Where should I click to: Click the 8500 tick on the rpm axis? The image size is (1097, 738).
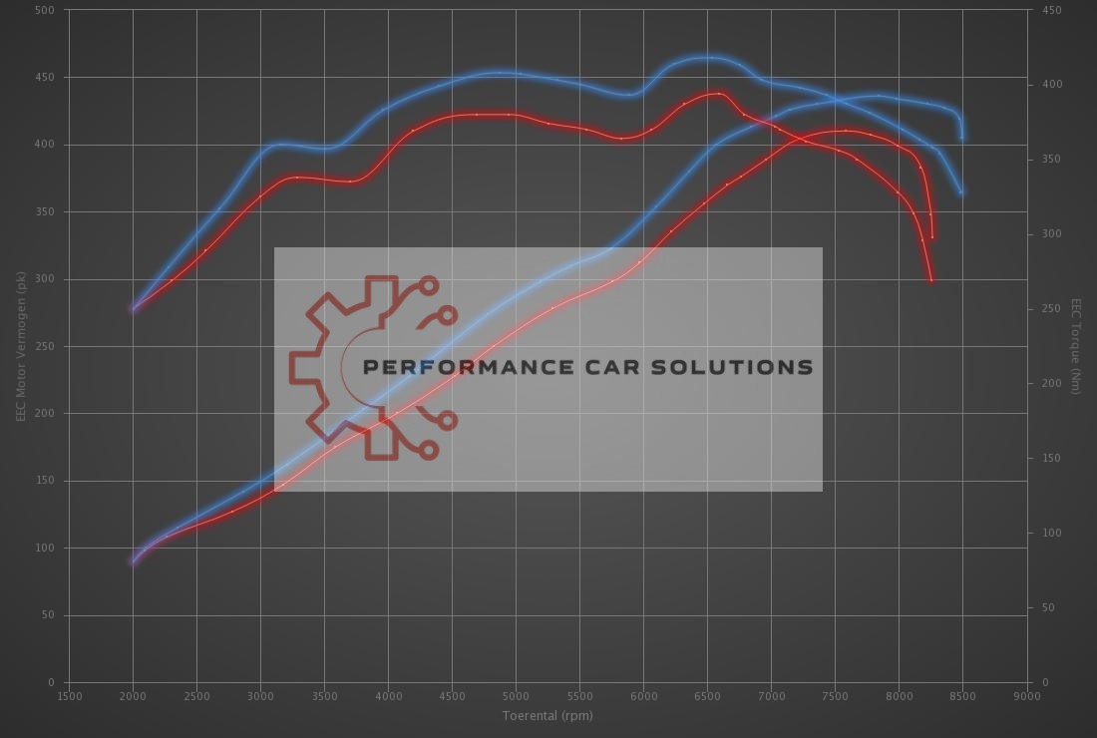point(962,696)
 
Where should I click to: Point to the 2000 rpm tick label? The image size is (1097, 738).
point(133,696)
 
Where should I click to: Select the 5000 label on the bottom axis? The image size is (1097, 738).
point(516,696)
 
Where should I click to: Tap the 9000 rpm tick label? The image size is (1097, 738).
point(1026,696)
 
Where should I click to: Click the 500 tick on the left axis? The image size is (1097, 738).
point(46,10)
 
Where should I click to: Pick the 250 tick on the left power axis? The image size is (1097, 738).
point(46,346)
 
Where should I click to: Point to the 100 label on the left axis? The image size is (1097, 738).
point(46,548)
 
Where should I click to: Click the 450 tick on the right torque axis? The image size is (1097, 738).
point(1051,10)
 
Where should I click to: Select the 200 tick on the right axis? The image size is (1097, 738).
point(1051,383)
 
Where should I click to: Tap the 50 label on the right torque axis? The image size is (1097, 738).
point(1048,607)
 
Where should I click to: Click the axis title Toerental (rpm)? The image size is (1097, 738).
point(548,715)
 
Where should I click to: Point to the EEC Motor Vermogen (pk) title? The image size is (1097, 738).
point(20,346)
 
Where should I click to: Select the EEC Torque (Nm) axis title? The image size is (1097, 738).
point(1076,346)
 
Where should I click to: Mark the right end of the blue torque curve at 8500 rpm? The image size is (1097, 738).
point(961,192)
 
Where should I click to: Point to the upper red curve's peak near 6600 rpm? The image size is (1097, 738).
point(718,93)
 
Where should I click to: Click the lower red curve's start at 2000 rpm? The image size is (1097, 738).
point(133,561)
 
